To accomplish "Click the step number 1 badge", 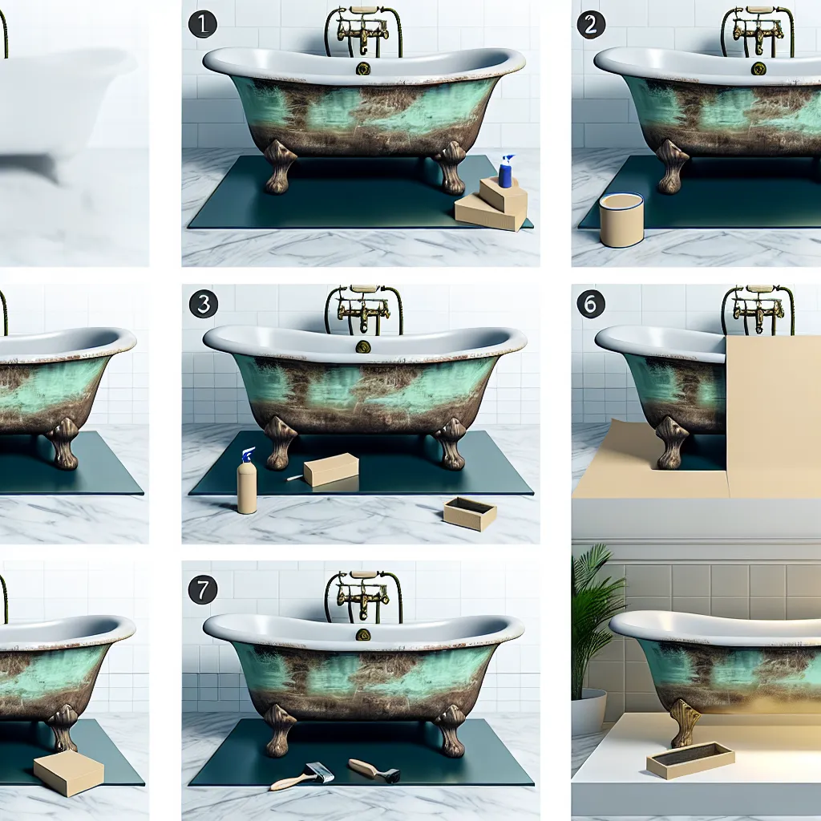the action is [x=203, y=25].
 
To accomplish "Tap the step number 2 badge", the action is [x=591, y=25].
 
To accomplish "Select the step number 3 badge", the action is [x=203, y=304].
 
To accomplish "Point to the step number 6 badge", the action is [x=591, y=304].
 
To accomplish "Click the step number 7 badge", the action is [x=203, y=590].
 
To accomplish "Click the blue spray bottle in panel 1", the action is [x=507, y=171].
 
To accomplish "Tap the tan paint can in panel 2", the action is [x=621, y=219].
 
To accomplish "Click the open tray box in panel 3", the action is [x=470, y=514].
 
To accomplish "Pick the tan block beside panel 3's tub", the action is [x=332, y=469].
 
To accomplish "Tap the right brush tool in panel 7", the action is [x=374, y=770].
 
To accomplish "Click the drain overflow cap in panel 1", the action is [x=362, y=68].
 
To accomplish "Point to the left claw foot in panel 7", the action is [x=277, y=730].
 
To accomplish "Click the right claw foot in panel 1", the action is [x=451, y=168].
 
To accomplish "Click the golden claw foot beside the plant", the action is [x=684, y=722].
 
